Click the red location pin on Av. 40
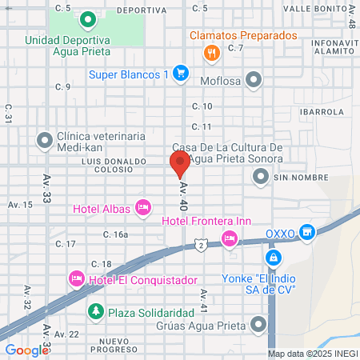pos(179,163)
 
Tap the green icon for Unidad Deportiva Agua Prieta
pos(87,18)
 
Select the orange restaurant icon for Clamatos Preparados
pos(211,54)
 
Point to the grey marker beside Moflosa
pos(254,79)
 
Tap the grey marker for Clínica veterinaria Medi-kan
pos(44,140)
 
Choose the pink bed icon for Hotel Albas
pos(143,208)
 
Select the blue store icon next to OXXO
pos(306,232)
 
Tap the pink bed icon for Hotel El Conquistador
pos(76,278)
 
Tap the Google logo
pos(26,350)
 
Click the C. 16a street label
pos(115,234)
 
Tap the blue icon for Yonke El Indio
pos(274,258)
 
